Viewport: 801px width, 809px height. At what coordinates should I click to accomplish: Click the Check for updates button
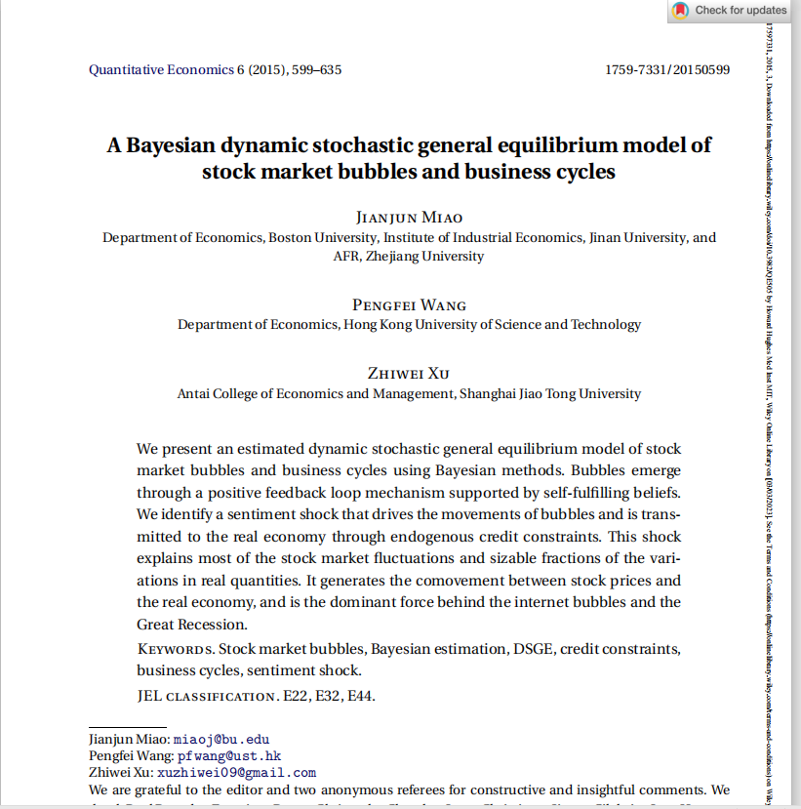coord(728,11)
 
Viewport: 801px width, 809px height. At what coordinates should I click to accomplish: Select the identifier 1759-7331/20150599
coord(667,70)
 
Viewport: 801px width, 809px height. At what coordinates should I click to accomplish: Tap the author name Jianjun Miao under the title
coord(409,217)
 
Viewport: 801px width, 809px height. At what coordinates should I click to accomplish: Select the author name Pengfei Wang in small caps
coord(409,304)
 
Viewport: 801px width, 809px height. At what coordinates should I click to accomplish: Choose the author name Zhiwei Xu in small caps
coord(409,374)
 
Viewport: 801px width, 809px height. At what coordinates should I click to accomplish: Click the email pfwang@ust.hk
coord(229,756)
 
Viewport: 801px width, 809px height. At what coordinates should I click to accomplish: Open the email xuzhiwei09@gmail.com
coord(236,773)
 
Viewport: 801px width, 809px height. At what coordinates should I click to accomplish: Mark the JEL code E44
coord(361,697)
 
